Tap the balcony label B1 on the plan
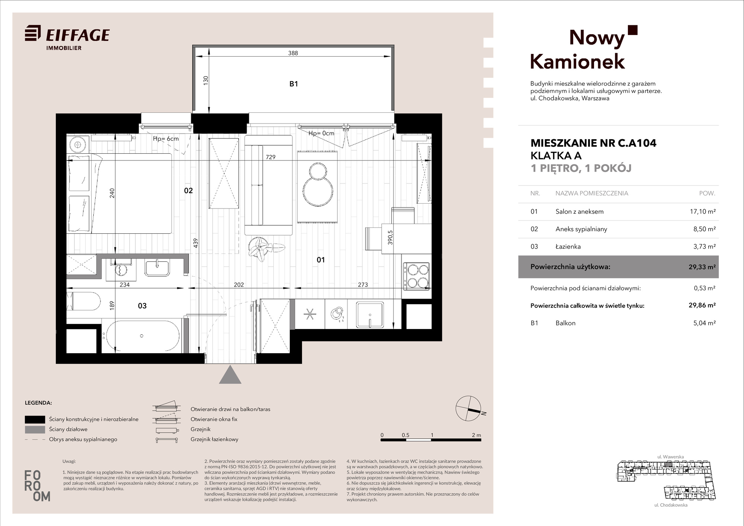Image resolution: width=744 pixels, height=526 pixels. click(294, 84)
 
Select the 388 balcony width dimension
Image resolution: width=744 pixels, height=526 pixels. click(293, 53)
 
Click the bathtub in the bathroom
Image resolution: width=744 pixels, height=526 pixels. click(142, 336)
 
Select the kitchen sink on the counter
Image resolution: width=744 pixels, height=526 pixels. click(370, 315)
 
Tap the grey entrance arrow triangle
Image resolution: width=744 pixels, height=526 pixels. click(230, 374)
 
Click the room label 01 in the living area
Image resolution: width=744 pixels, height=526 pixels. click(321, 260)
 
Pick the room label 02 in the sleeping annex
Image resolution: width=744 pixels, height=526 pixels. click(189, 191)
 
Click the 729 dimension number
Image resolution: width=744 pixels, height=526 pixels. click(271, 157)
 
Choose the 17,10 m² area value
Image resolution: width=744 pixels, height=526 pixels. click(703, 211)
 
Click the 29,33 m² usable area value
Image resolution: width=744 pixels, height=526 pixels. click(702, 267)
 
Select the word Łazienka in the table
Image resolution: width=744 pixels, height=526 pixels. click(568, 246)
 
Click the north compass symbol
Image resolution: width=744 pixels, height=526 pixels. click(468, 408)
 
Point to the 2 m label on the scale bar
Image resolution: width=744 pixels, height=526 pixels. click(476, 435)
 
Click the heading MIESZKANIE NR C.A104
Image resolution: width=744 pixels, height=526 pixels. click(593, 143)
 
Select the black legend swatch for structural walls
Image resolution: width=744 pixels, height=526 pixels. click(35, 420)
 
